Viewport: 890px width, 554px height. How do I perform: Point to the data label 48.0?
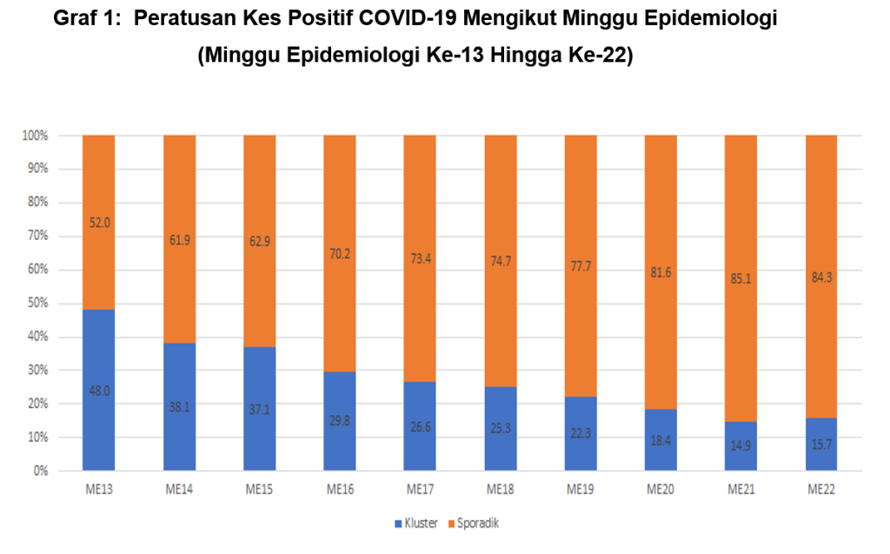[x=98, y=390]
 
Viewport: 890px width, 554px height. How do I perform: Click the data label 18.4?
[x=661, y=441]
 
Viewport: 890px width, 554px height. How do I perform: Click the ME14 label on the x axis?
[x=179, y=490]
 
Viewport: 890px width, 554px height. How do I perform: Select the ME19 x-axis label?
[x=580, y=490]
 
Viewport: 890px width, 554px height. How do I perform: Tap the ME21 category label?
[x=741, y=490]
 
